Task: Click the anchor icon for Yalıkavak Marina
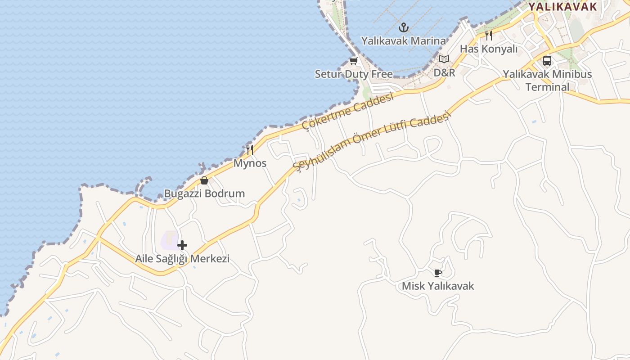404,27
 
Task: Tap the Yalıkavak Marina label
403,41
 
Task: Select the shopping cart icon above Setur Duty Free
353,61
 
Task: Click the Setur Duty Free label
354,74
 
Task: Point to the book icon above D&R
444,59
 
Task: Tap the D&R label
444,72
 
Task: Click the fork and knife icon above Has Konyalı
489,35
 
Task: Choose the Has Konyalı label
489,49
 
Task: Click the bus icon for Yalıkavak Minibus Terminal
547,60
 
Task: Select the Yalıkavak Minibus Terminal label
547,80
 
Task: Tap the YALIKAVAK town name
562,7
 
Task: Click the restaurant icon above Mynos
250,149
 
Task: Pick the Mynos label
250,163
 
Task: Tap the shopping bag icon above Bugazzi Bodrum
204,180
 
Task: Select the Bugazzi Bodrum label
204,193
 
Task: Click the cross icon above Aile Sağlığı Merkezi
182,245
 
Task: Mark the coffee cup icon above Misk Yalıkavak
438,273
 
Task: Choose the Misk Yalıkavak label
438,286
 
